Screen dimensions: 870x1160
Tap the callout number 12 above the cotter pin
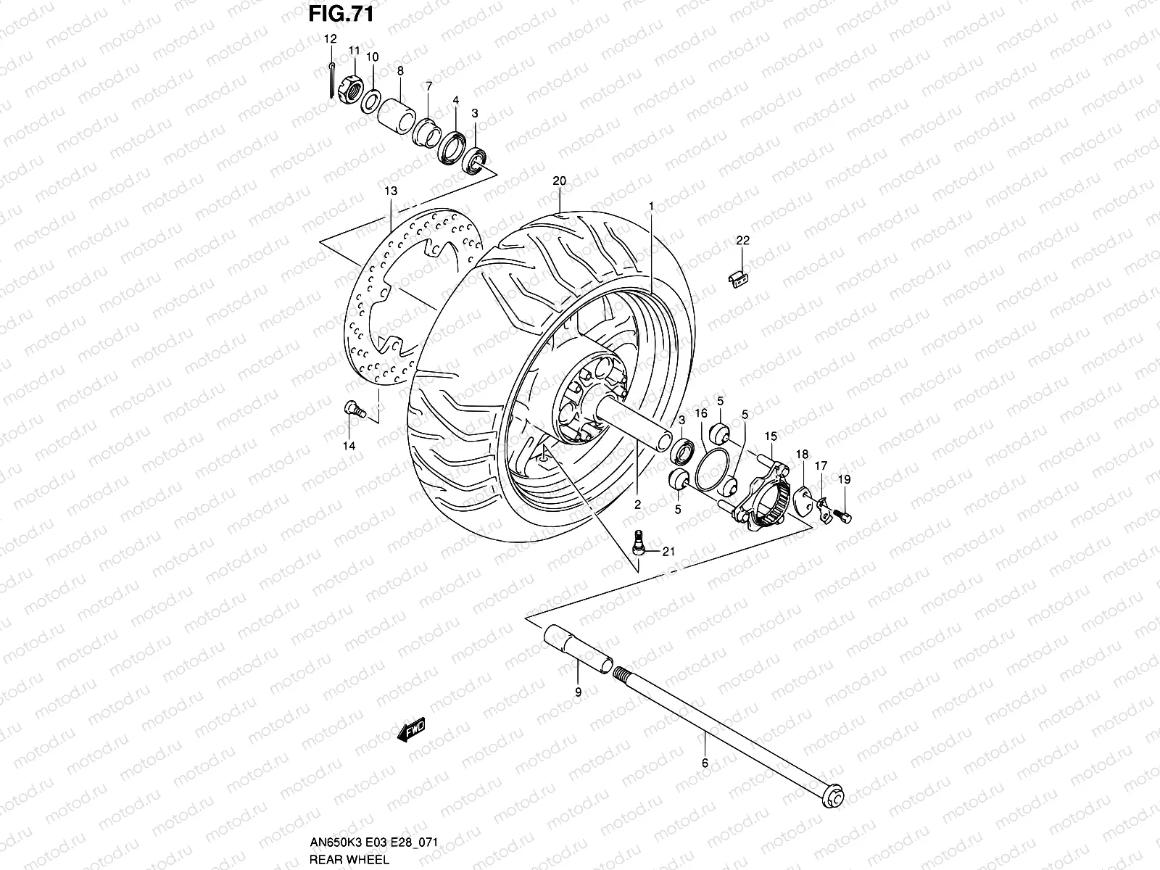click(330, 38)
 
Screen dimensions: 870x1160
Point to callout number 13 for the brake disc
click(391, 191)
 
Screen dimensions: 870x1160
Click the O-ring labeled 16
click(710, 468)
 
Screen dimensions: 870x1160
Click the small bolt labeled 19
click(843, 515)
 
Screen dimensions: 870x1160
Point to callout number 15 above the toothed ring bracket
click(770, 436)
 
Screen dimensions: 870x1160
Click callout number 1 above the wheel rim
click(651, 207)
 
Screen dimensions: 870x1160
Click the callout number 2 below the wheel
click(637, 505)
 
